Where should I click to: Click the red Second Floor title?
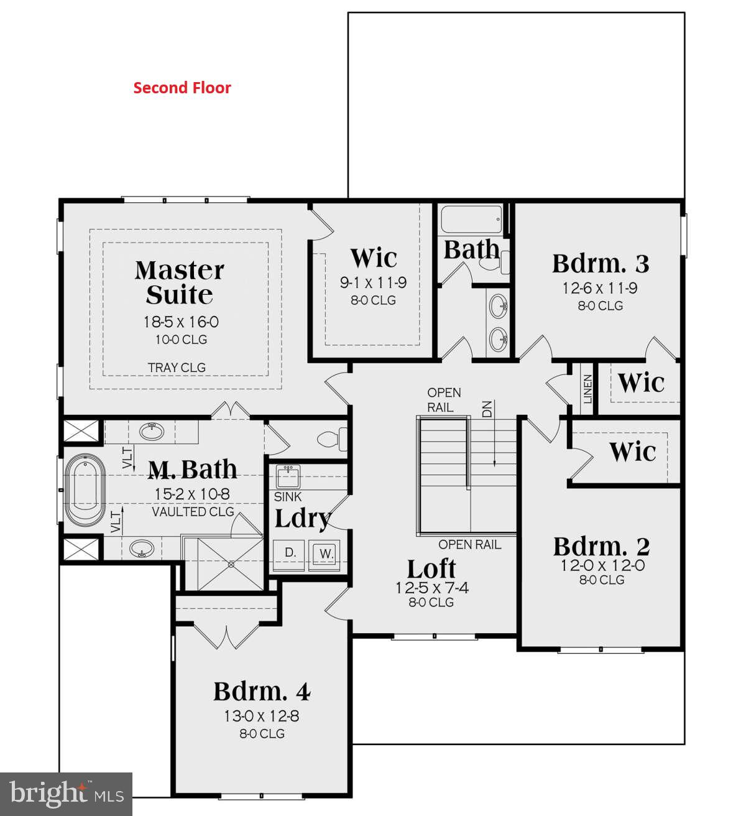pyautogui.click(x=182, y=88)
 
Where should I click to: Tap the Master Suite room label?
pyautogui.click(x=179, y=282)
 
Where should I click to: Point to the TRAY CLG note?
pyautogui.click(x=177, y=368)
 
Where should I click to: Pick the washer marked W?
pyautogui.click(x=326, y=552)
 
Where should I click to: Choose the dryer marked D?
pyautogui.click(x=290, y=552)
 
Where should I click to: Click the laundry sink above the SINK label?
pyautogui.click(x=288, y=477)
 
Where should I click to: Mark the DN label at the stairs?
pyautogui.click(x=487, y=409)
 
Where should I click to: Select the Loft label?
pyautogui.click(x=431, y=568)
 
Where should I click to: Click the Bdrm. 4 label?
pyautogui.click(x=262, y=691)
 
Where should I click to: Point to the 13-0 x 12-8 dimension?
pyautogui.click(x=262, y=716)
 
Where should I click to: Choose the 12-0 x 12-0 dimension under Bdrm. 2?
pyautogui.click(x=601, y=565)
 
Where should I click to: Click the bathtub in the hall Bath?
pyautogui.click(x=471, y=220)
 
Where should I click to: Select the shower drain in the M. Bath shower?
pyautogui.click(x=231, y=565)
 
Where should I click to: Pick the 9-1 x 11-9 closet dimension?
pyautogui.click(x=373, y=283)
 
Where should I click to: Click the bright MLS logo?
pyautogui.click(x=66, y=794)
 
